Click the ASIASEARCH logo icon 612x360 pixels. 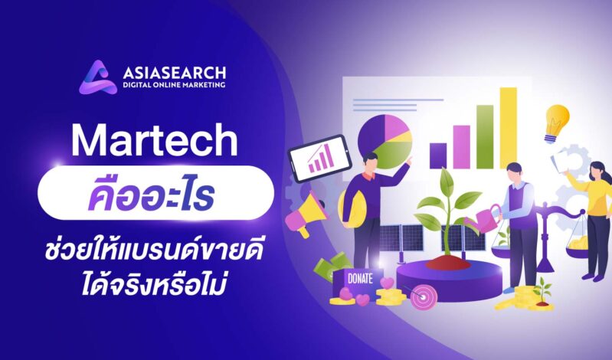(97, 76)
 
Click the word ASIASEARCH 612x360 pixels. (174, 72)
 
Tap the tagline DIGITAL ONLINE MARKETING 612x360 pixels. (174, 85)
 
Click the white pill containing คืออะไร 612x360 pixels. (155, 191)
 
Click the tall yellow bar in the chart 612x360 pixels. (509, 127)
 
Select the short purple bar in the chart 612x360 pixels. (437, 154)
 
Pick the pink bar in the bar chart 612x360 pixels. (461, 146)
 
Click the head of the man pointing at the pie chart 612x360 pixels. (371, 162)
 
